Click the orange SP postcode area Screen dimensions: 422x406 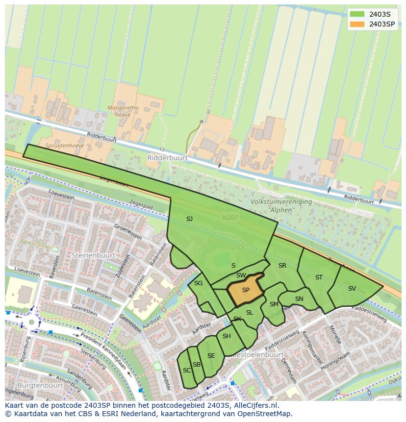point(245,290)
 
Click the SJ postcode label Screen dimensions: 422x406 point(189,219)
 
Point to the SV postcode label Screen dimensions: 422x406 point(352,289)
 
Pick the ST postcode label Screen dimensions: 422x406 point(319,277)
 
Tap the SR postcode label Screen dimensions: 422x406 point(282,266)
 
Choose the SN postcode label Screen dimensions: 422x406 point(299,299)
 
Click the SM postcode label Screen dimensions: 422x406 point(274,304)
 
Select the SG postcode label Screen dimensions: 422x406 point(198,283)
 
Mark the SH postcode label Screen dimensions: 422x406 point(227,336)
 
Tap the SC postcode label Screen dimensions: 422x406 point(186,371)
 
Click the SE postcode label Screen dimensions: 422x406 point(211,356)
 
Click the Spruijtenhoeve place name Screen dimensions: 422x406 point(65,146)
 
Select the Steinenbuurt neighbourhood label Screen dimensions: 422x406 point(93,255)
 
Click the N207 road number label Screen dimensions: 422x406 point(228,217)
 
